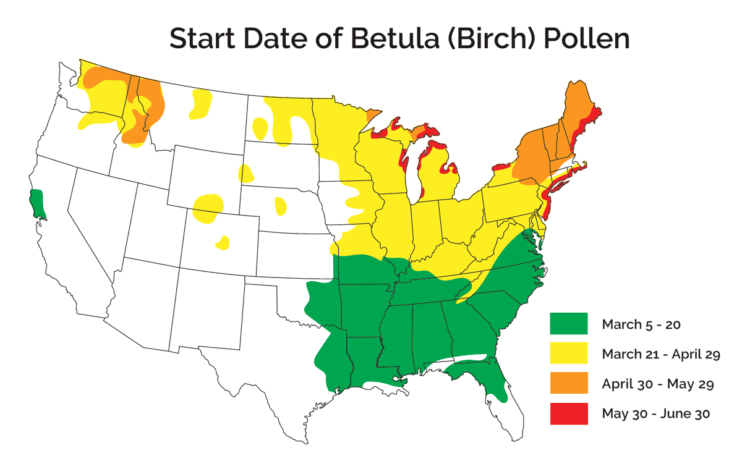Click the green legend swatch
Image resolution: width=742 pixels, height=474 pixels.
(569, 323)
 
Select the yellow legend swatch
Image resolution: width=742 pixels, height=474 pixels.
(569, 353)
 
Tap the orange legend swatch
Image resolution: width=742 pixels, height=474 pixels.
(569, 384)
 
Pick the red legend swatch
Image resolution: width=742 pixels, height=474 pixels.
(569, 413)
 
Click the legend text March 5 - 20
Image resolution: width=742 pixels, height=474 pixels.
(641, 324)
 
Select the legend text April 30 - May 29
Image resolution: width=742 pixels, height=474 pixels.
(658, 384)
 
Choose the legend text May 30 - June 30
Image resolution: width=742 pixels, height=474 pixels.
(655, 414)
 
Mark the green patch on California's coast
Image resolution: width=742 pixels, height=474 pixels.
(38, 204)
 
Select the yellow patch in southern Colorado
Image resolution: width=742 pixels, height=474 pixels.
(223, 242)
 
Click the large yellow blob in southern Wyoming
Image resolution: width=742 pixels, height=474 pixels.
(206, 208)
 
